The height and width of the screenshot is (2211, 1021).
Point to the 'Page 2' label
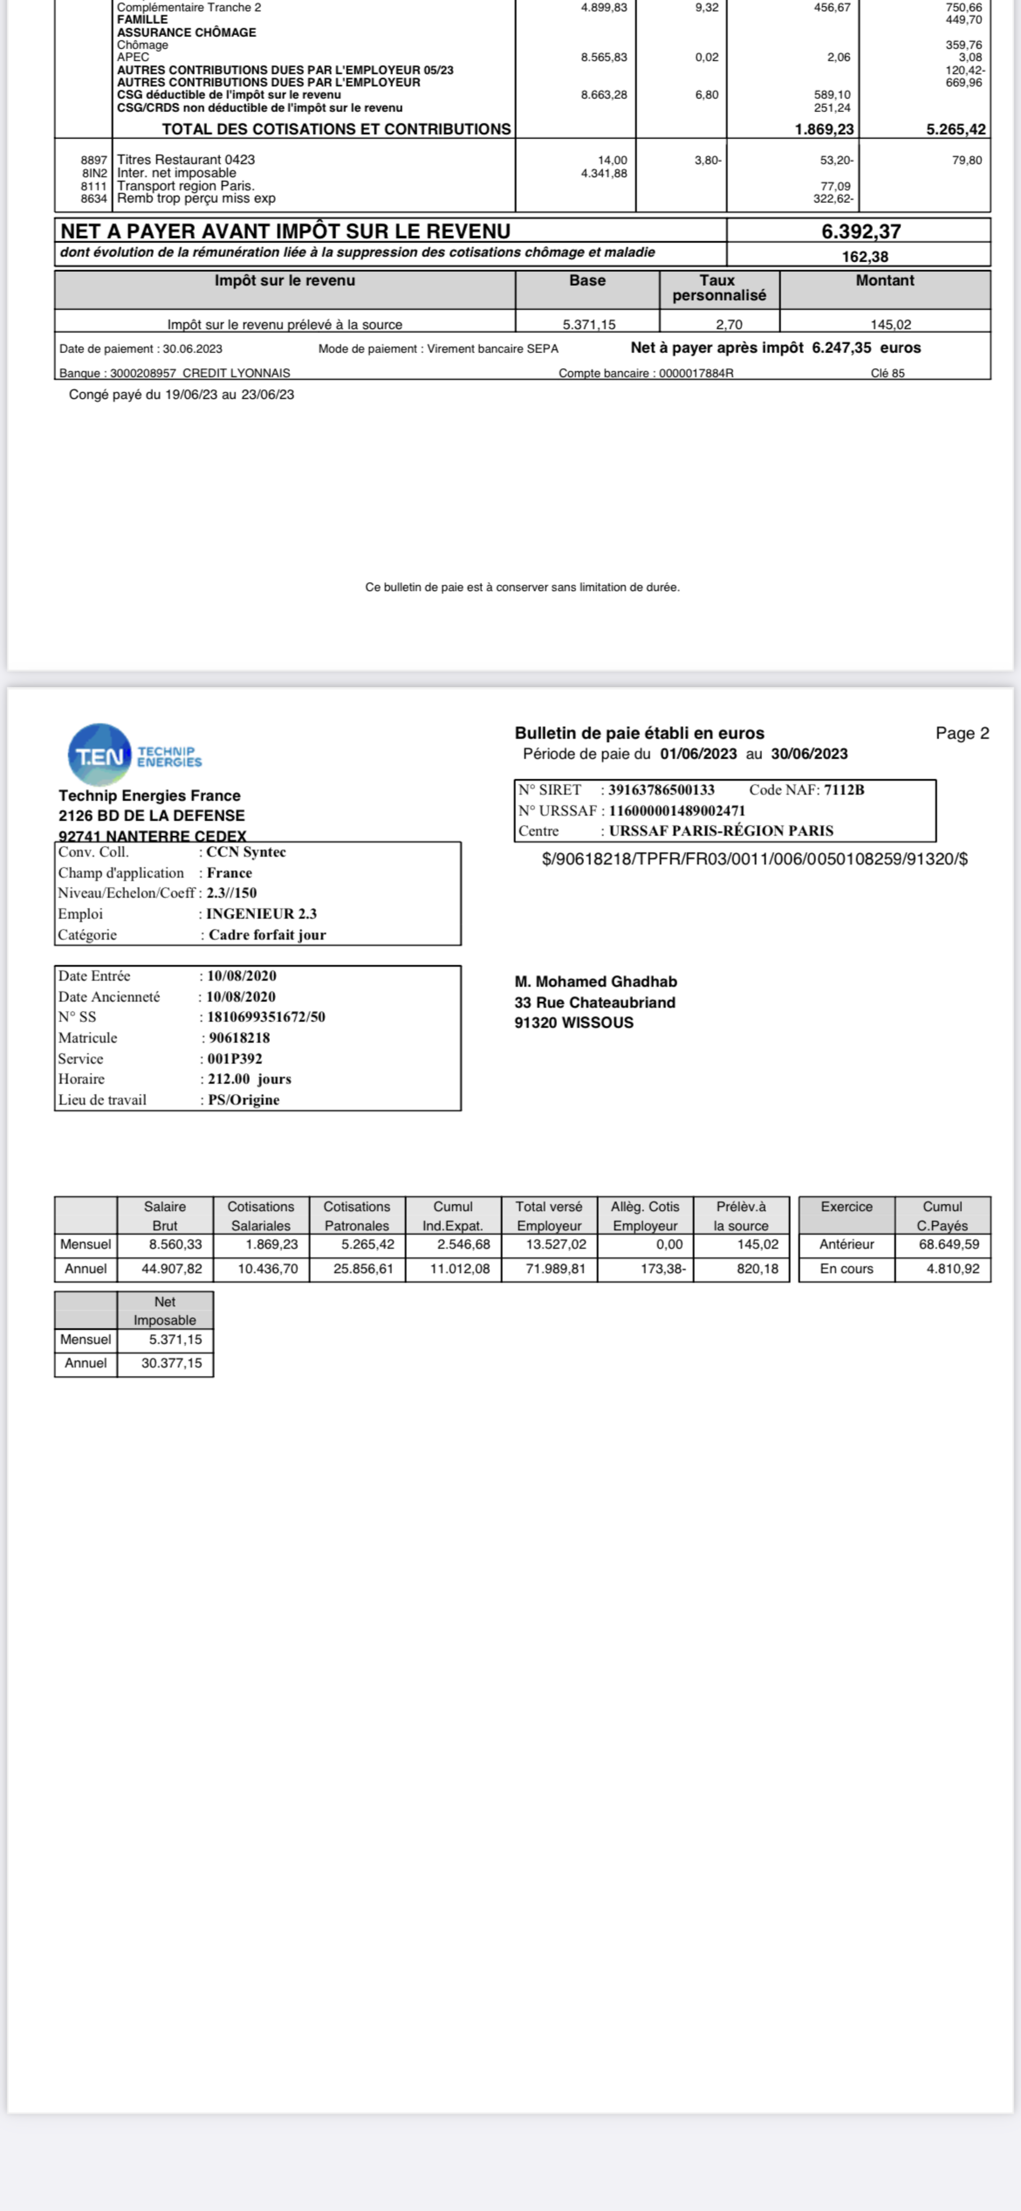962,733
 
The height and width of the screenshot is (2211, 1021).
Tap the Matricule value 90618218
239,1038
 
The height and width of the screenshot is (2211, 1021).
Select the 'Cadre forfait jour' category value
267,935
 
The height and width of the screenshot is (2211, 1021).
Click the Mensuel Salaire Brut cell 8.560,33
175,1244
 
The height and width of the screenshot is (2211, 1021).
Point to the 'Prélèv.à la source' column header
740,1215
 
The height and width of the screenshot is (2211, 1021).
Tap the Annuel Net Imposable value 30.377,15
172,1363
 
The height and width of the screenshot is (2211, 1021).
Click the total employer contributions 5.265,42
955,130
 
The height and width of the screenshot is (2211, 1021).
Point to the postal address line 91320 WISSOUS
574,1023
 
